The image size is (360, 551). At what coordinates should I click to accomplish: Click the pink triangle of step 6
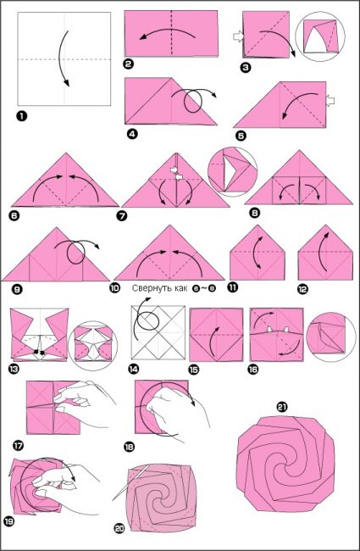pyautogui.click(x=65, y=181)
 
